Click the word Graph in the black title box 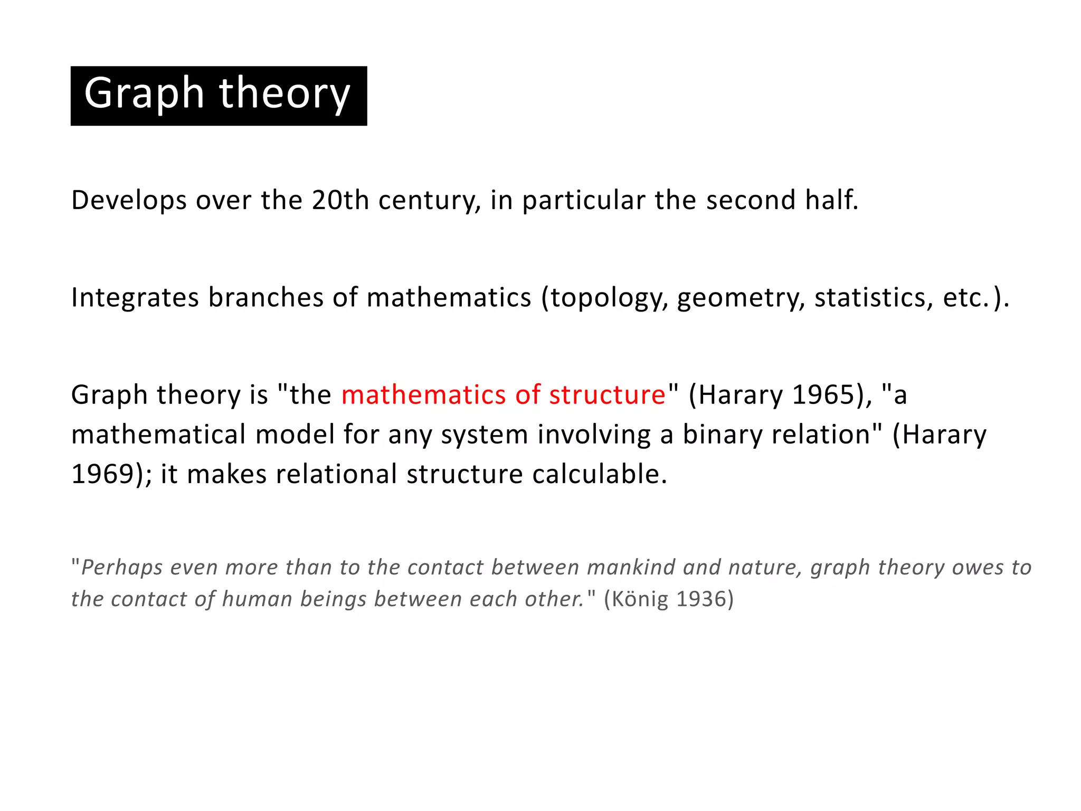[144, 93]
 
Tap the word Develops [129, 201]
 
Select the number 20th [340, 200]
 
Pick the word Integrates [135, 298]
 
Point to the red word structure [608, 395]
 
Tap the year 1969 [103, 474]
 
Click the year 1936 [700, 599]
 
